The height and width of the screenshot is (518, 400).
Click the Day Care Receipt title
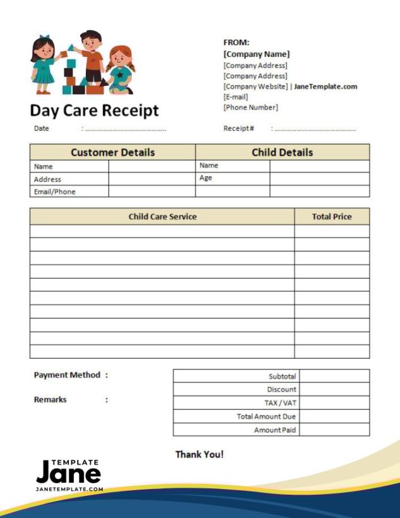(x=94, y=111)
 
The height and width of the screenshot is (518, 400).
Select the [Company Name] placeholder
(x=256, y=54)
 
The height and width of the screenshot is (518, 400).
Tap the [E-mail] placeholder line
(x=235, y=97)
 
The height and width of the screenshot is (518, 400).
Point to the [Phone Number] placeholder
(x=250, y=107)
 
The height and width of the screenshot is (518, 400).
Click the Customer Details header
(x=112, y=152)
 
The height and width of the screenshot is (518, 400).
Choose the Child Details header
(x=282, y=152)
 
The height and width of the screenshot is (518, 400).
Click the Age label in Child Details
(x=206, y=178)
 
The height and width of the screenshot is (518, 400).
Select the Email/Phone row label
(x=54, y=191)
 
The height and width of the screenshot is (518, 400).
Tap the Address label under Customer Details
(x=47, y=179)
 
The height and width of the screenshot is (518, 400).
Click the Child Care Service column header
(x=162, y=217)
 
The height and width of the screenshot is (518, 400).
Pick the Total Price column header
(x=332, y=217)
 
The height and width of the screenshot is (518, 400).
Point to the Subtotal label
(x=282, y=376)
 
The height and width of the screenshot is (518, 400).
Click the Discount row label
(x=281, y=390)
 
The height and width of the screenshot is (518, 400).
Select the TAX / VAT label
(x=280, y=403)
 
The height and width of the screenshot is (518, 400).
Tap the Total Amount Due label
(x=266, y=416)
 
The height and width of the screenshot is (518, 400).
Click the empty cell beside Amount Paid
(x=334, y=430)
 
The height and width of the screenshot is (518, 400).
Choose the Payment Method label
(x=67, y=375)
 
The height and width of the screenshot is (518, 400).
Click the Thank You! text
(x=199, y=454)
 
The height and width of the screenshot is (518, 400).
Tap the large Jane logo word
(x=68, y=473)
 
